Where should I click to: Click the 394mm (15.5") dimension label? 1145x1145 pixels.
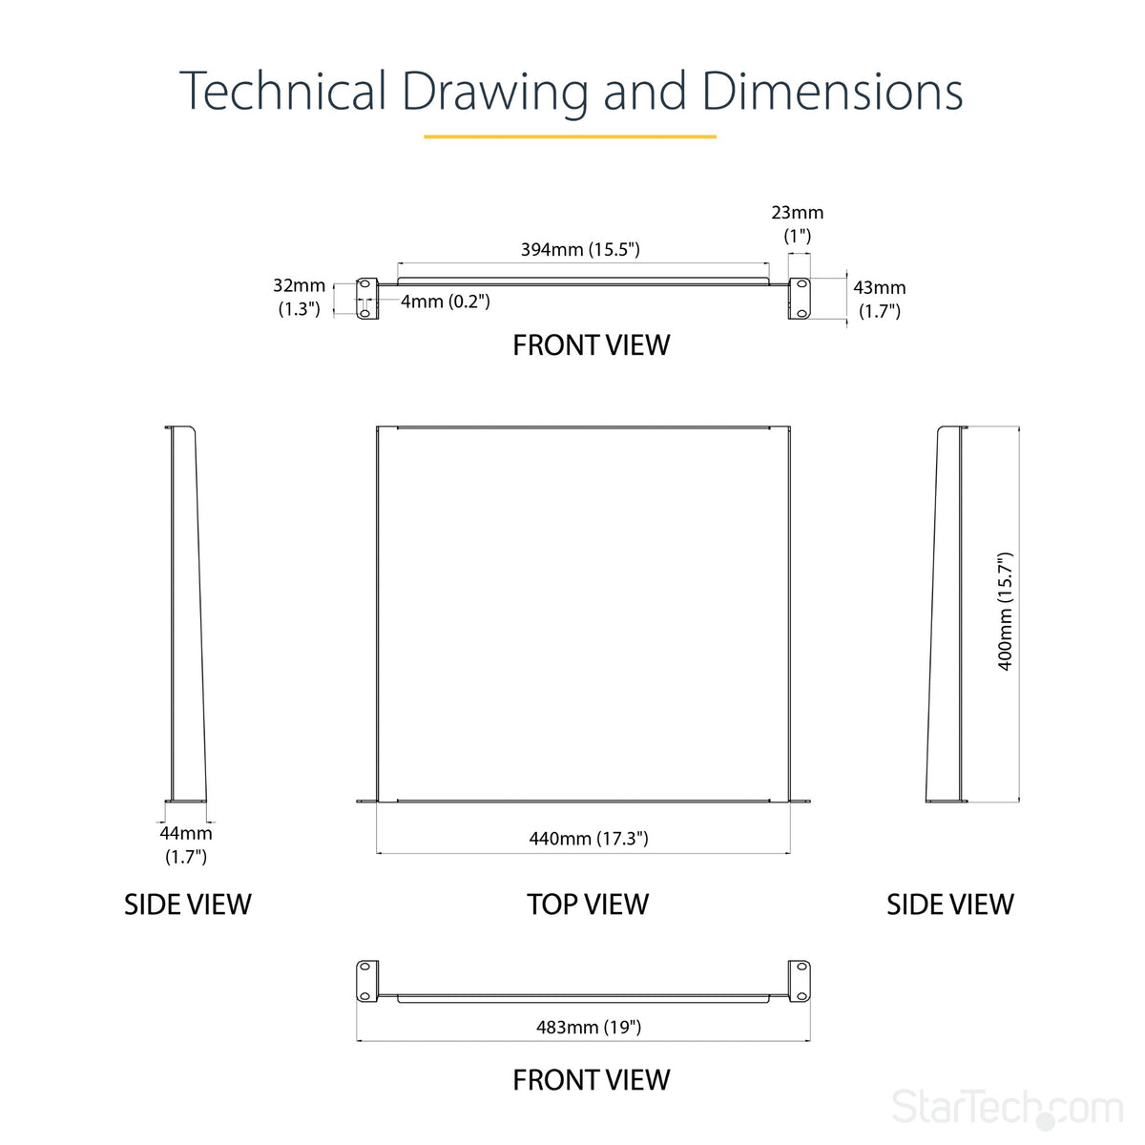click(x=580, y=250)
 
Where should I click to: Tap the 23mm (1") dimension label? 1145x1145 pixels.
click(x=798, y=224)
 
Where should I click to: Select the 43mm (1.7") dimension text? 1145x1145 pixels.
click(x=880, y=299)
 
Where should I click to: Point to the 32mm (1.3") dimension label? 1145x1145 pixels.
click(x=299, y=297)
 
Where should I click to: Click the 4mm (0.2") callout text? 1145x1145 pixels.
click(x=445, y=302)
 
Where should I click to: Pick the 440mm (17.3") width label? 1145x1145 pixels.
click(x=589, y=839)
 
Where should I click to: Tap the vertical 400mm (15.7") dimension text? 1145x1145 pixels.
click(x=1004, y=612)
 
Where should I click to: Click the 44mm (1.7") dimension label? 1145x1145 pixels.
click(x=186, y=844)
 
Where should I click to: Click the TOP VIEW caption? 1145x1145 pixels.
click(x=588, y=905)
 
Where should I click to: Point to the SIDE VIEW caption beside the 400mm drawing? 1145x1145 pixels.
click(x=950, y=905)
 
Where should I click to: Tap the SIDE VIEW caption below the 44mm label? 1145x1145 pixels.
click(x=188, y=905)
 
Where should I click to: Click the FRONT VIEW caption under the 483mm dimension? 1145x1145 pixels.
click(x=592, y=1079)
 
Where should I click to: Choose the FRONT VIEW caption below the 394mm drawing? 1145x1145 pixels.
click(x=592, y=345)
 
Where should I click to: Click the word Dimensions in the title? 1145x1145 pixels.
click(x=832, y=92)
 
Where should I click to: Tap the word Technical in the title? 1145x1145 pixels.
click(x=282, y=91)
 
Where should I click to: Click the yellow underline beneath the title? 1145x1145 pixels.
click(x=570, y=136)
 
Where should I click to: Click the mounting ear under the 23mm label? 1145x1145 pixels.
click(x=800, y=299)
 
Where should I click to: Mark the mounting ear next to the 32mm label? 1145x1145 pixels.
click(x=367, y=299)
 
